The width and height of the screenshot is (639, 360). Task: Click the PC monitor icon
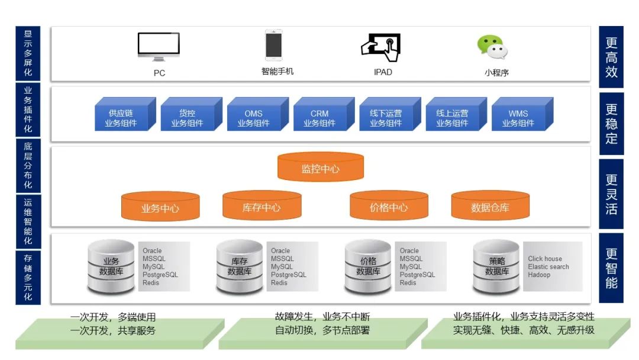point(159,47)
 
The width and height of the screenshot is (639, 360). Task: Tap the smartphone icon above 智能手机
point(273,45)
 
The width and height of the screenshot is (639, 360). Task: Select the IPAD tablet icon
point(381,47)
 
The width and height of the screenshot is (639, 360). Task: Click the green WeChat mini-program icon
point(493,47)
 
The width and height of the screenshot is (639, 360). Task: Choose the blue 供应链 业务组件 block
point(121,118)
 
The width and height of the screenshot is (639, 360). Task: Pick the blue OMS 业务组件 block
point(254,118)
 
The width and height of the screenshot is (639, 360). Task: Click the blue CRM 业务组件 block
point(319,118)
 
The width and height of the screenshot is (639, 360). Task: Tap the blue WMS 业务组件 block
point(518,118)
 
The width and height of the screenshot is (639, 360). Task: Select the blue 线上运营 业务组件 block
point(452,118)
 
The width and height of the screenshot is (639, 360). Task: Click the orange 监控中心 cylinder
point(320,168)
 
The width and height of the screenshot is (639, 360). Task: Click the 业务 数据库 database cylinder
point(111,266)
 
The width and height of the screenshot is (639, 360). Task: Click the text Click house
point(545,259)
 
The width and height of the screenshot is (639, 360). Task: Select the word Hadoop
point(539,275)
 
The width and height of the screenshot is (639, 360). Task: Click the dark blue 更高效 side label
point(611,57)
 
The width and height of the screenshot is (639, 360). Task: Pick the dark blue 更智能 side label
point(611,268)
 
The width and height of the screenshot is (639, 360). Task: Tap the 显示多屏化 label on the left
point(28,53)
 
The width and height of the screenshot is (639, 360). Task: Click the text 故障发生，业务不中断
point(322,317)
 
